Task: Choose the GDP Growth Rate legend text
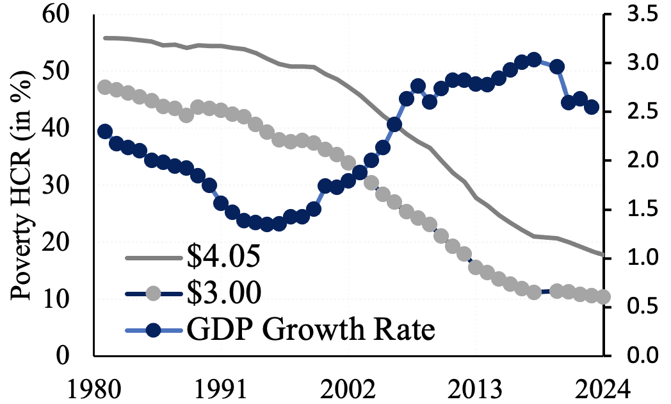[311, 331]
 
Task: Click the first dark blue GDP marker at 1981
[106, 131]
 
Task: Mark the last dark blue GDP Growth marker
[592, 107]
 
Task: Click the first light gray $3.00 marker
[106, 88]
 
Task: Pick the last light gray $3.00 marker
[604, 296]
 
